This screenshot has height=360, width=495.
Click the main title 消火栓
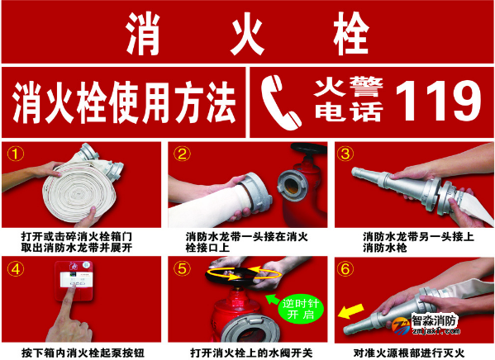pos(247,33)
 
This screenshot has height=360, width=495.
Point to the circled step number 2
pos(183,154)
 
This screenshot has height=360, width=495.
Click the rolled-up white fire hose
pos(87,186)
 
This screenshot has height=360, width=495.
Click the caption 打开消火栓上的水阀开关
pos(245,350)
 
